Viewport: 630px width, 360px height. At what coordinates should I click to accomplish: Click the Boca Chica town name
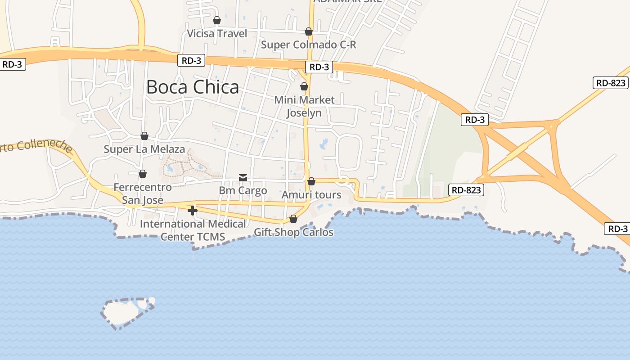pyautogui.click(x=193, y=87)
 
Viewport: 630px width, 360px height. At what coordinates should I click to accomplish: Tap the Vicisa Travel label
pyautogui.click(x=217, y=34)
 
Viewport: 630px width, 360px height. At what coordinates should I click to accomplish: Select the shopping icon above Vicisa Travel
pyautogui.click(x=217, y=20)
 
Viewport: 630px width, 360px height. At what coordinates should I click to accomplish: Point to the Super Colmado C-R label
pyautogui.click(x=309, y=45)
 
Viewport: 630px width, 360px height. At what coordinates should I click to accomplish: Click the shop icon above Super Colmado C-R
pyautogui.click(x=309, y=31)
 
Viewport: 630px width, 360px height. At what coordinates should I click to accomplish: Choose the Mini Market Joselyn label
pyautogui.click(x=305, y=106)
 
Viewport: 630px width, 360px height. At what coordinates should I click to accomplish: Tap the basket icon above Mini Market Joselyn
pyautogui.click(x=304, y=86)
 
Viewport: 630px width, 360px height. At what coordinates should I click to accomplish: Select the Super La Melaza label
pyautogui.click(x=144, y=149)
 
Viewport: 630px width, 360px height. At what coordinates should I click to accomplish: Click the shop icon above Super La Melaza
pyautogui.click(x=144, y=136)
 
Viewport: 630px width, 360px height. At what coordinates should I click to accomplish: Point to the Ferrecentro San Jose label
pyautogui.click(x=143, y=193)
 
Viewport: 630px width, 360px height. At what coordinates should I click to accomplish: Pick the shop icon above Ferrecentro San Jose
pyautogui.click(x=143, y=174)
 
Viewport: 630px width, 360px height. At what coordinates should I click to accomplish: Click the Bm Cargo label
pyautogui.click(x=243, y=190)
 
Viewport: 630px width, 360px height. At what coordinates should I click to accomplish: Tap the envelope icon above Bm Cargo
pyautogui.click(x=243, y=178)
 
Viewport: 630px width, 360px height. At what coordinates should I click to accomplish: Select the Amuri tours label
pyautogui.click(x=311, y=195)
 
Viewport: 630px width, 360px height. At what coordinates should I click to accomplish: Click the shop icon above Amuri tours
pyautogui.click(x=311, y=182)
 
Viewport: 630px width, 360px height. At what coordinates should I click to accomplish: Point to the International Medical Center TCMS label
pyautogui.click(x=193, y=230)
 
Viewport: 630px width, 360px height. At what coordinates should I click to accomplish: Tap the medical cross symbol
pyautogui.click(x=193, y=211)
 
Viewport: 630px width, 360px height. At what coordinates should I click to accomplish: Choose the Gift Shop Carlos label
pyautogui.click(x=294, y=232)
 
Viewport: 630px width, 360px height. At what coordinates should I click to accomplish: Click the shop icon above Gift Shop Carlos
pyautogui.click(x=293, y=219)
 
